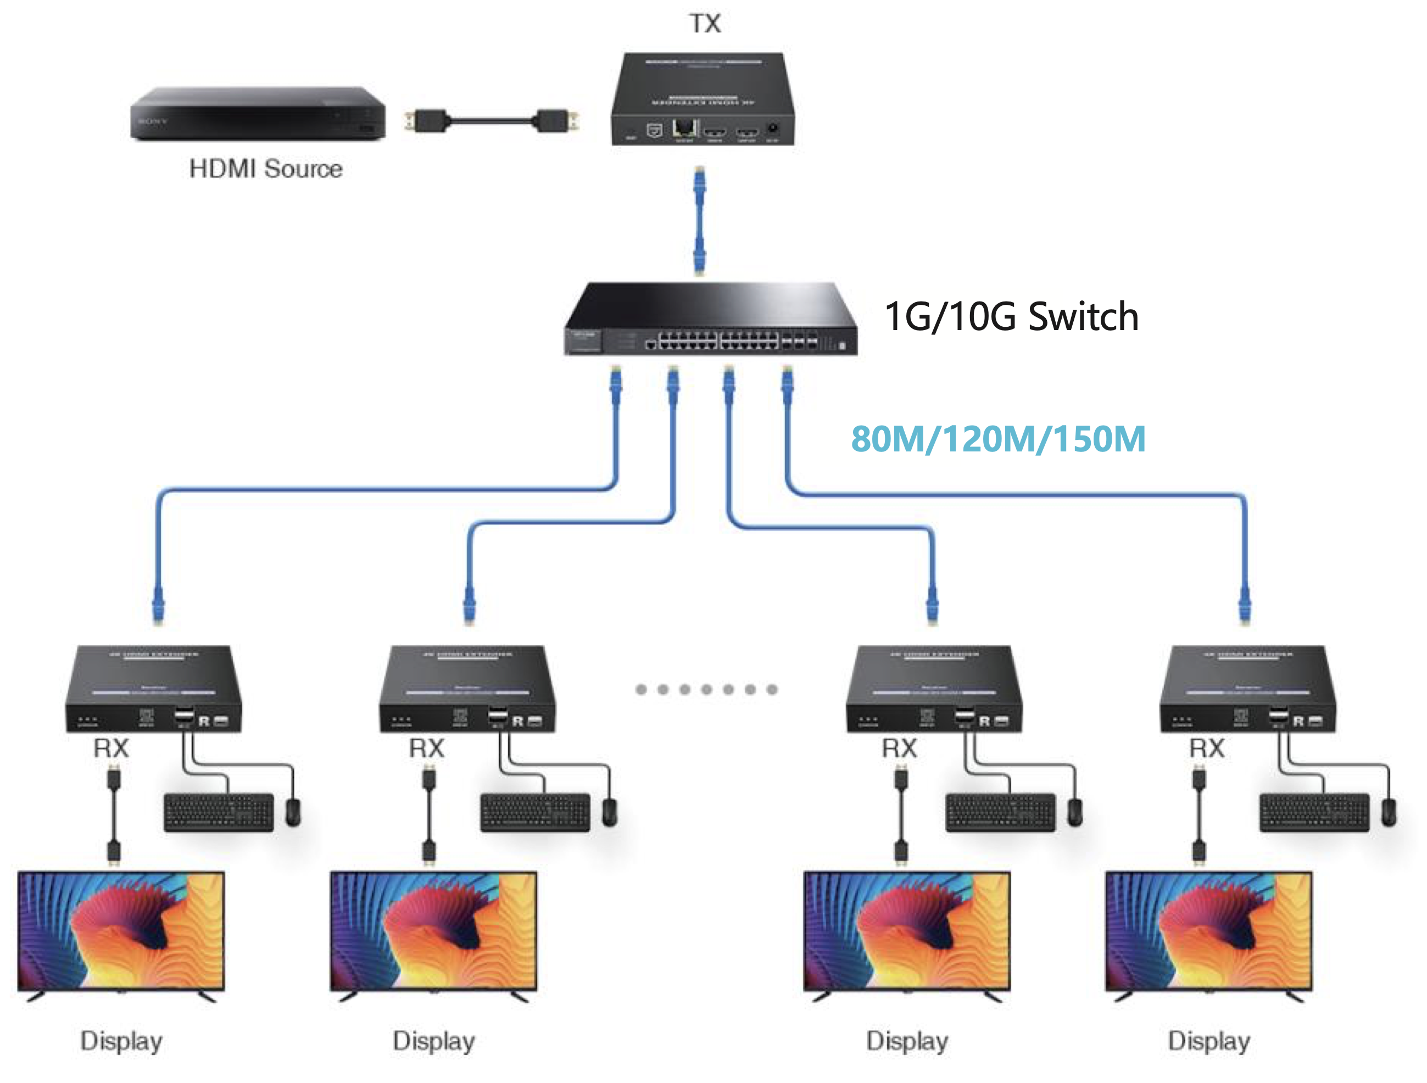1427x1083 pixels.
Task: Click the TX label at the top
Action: click(705, 24)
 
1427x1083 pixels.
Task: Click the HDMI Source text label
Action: click(266, 169)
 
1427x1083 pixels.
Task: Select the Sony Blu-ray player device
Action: click(258, 114)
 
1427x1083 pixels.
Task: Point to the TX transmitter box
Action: click(703, 100)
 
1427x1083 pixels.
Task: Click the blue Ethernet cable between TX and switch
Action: click(699, 219)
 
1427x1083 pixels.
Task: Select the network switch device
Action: click(710, 319)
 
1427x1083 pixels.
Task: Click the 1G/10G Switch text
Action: click(1011, 317)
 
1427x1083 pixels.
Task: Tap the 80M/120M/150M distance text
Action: click(998, 439)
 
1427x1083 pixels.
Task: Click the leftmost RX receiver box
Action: click(154, 689)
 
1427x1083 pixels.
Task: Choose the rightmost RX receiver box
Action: click(1247, 689)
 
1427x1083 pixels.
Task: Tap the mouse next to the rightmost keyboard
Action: click(1389, 813)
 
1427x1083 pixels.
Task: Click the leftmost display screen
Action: click(121, 931)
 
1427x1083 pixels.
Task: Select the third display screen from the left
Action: click(906, 931)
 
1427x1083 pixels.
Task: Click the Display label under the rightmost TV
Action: click(1208, 1041)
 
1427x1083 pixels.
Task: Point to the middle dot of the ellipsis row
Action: click(706, 690)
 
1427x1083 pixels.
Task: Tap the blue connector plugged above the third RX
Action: click(932, 604)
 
